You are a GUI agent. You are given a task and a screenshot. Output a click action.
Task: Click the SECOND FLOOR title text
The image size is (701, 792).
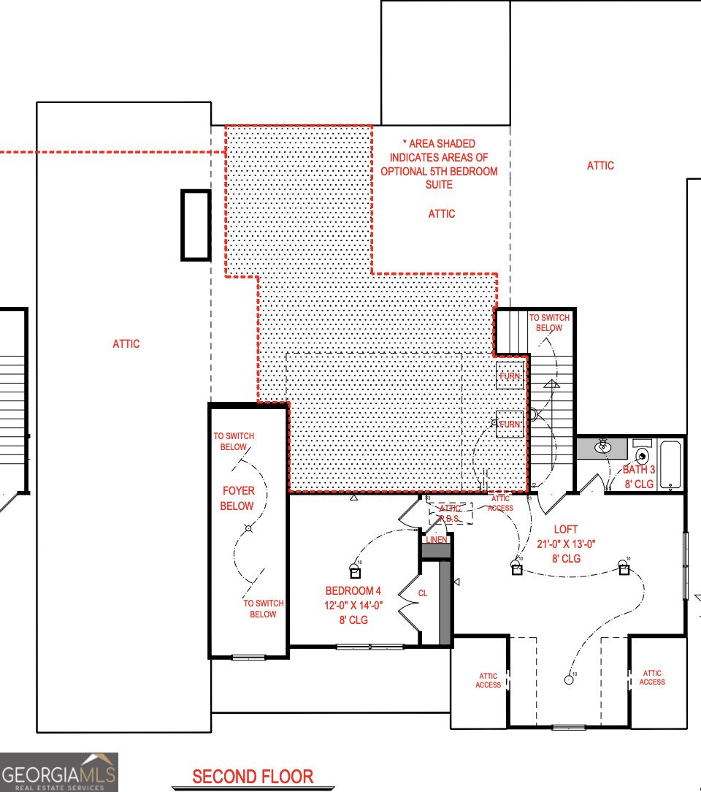click(253, 777)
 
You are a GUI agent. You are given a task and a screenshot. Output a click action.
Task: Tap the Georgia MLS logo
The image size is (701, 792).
click(58, 772)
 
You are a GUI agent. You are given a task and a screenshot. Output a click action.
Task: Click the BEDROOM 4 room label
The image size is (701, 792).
click(353, 591)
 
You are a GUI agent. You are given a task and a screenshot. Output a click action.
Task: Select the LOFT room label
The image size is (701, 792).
click(566, 529)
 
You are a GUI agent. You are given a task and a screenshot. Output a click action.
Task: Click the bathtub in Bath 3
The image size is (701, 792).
click(671, 465)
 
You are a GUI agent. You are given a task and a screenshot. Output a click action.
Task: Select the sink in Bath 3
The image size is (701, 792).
click(603, 447)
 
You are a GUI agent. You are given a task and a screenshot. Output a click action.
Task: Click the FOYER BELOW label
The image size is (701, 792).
click(237, 498)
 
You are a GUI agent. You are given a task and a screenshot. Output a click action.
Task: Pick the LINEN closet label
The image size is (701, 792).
click(437, 540)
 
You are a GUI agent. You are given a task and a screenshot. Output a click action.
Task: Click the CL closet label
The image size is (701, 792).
click(423, 593)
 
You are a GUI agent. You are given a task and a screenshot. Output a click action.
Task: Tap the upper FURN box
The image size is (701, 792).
click(510, 376)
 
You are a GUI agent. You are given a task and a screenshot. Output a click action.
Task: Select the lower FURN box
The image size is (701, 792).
click(510, 424)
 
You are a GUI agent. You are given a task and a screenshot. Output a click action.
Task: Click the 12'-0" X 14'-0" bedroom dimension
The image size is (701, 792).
click(353, 606)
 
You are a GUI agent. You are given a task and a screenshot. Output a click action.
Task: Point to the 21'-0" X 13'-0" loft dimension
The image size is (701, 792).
click(566, 544)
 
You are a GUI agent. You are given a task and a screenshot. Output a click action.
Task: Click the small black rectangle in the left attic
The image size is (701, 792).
click(196, 225)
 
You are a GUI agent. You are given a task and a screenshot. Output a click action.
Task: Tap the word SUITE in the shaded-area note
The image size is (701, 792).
click(440, 185)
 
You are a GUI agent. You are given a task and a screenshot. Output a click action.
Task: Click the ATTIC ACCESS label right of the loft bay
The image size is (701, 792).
click(652, 677)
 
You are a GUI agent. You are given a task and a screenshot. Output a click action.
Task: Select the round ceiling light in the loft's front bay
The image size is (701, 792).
click(568, 679)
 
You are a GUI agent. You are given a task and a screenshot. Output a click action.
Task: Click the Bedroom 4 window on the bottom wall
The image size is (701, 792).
click(370, 647)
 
